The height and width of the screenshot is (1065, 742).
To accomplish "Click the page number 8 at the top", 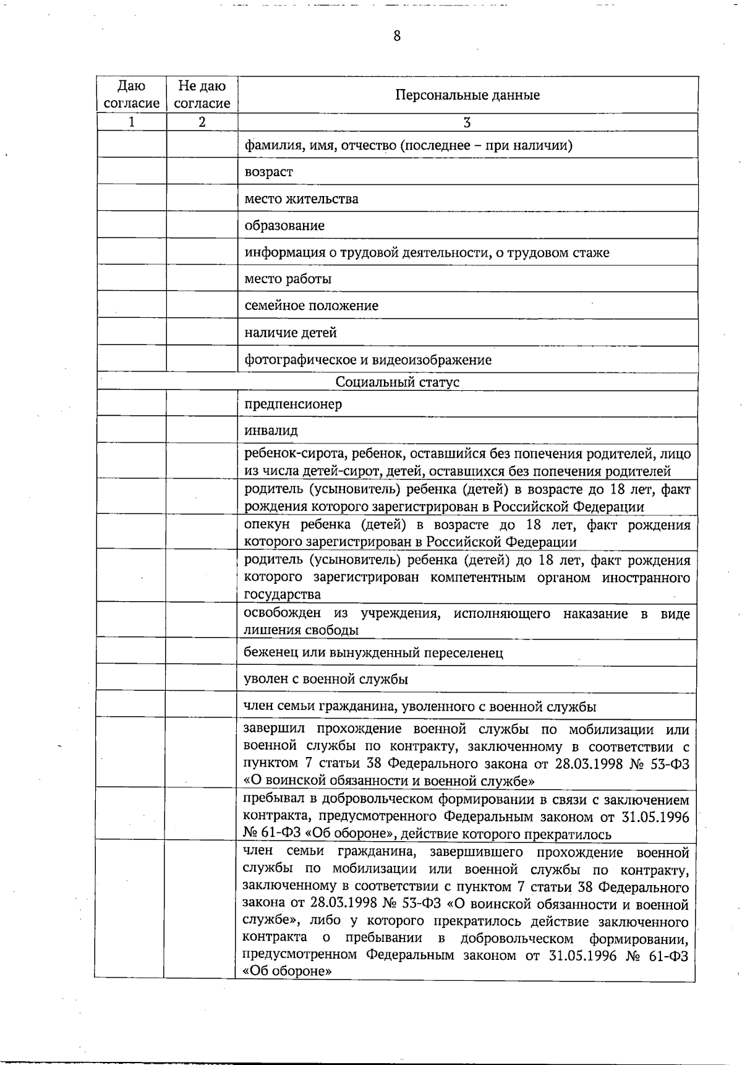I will pos(397,36).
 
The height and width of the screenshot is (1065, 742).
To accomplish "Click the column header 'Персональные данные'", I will pos(467,95).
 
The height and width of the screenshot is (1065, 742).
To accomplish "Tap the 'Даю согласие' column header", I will pos(132,95).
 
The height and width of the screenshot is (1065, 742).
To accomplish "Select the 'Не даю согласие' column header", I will pos(202,95).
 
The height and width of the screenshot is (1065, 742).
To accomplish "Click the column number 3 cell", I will pos(467,122).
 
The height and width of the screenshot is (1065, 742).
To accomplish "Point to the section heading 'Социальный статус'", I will pos(397,382).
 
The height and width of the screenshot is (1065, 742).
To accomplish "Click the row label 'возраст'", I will pos(269,172).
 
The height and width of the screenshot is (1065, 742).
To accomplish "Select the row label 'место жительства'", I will pos(301,199).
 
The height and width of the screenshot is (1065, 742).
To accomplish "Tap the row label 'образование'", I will pos(284,226).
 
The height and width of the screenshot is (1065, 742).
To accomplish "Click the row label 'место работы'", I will pos(288,279).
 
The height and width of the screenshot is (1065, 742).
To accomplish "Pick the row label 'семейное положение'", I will pos(311,306).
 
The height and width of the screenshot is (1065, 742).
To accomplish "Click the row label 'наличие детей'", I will pos(291,333).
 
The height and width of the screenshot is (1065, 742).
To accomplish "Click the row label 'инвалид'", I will pos(271,430).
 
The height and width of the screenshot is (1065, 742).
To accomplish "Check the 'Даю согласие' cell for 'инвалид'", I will pos(131,430).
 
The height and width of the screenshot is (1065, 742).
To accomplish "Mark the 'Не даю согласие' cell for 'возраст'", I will pos(202,172).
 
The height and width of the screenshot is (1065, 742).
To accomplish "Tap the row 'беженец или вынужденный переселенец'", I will pos(373,653).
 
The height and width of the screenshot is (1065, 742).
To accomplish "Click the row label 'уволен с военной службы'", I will pos(325,679).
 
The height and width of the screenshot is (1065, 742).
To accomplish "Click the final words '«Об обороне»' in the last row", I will pos(288,971).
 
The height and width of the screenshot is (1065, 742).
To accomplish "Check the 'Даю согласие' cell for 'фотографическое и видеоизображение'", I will pos(132,359).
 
